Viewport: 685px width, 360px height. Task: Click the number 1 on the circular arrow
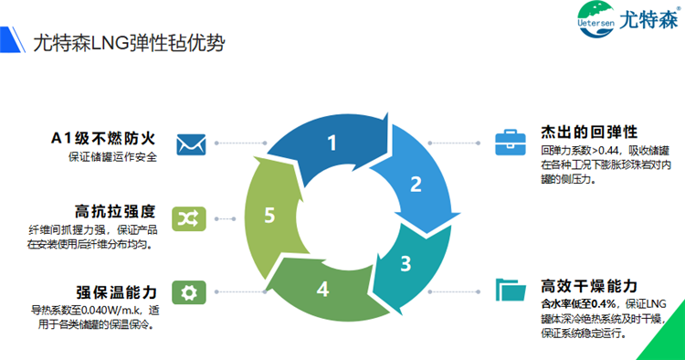[332, 143]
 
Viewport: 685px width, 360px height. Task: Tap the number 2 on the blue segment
[416, 184]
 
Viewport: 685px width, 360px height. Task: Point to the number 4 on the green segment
[322, 289]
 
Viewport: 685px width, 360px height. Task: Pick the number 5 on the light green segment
[269, 216]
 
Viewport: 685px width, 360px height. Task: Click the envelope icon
[190, 143]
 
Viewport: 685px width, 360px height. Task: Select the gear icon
[190, 292]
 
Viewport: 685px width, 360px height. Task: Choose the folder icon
[508, 290]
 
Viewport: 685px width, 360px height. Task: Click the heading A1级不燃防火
[103, 139]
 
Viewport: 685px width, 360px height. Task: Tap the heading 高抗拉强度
[115, 210]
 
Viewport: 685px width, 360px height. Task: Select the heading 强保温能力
[115, 291]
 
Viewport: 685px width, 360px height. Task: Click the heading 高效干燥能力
[589, 285]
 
